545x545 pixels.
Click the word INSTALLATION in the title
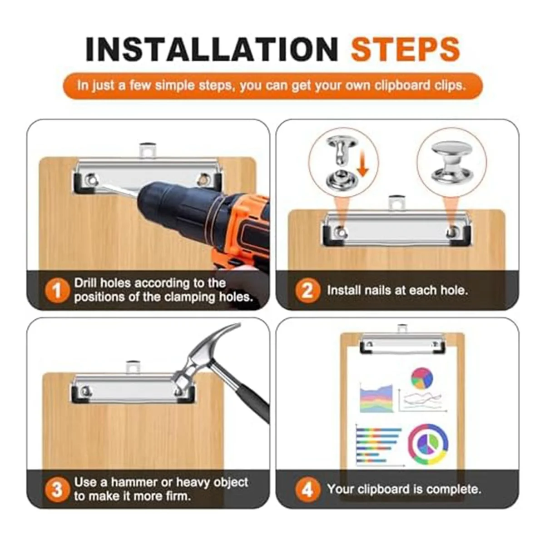(212, 50)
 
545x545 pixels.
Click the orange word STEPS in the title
(405, 50)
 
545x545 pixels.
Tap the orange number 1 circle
(57, 291)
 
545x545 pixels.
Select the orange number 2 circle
(308, 291)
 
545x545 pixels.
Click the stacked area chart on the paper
(376, 398)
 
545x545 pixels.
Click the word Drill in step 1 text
(86, 283)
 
